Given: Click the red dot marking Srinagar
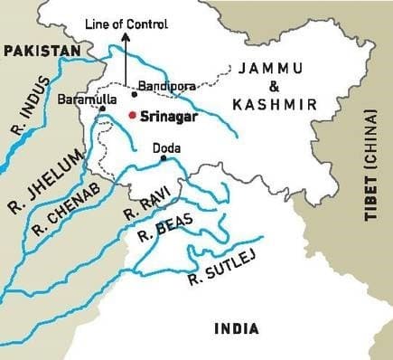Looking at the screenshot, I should [132, 115].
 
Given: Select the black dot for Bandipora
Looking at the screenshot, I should [134, 93].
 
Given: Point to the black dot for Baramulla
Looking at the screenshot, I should [102, 109].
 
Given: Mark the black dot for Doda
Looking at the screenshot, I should [163, 158].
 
